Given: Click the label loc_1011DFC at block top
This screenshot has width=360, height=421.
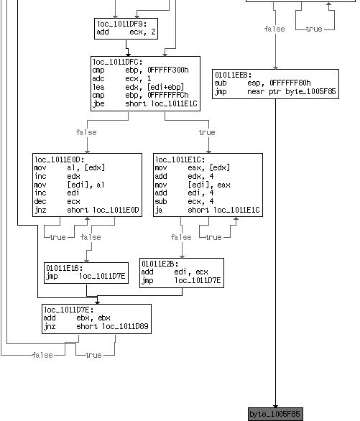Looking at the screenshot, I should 118,62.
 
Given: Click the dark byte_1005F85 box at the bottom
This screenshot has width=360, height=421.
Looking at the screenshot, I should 275,415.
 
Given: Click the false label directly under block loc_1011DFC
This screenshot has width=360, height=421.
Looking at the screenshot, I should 86,132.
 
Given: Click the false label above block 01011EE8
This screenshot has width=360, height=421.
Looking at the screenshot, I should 274,29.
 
